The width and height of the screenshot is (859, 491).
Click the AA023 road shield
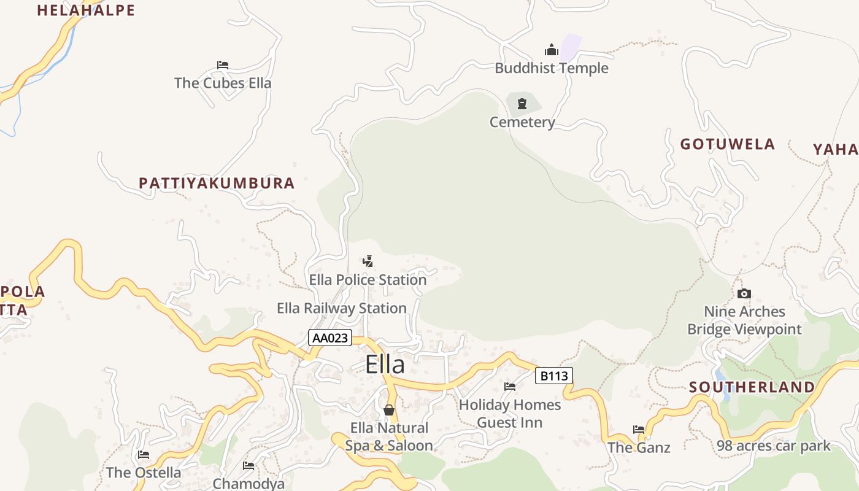tap(329, 338)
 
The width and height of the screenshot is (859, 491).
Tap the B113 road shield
tap(553, 376)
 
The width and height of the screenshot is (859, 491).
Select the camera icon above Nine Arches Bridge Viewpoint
tap(744, 293)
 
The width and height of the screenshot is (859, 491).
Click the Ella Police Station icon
tap(368, 261)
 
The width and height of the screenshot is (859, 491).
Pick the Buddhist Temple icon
tap(552, 50)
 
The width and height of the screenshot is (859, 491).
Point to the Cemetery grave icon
tap(522, 104)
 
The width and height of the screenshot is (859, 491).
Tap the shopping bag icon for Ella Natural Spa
tap(389, 409)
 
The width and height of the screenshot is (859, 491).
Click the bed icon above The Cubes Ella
tap(223, 64)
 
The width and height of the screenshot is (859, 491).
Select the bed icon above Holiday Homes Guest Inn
tap(510, 387)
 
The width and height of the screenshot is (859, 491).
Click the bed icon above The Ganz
tap(639, 430)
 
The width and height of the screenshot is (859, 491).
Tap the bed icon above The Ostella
tap(144, 455)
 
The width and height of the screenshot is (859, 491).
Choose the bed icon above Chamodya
tap(248, 466)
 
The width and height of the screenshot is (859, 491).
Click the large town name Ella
tap(385, 365)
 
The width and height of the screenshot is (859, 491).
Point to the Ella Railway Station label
tap(342, 308)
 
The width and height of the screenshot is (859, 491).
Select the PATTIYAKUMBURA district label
tap(217, 183)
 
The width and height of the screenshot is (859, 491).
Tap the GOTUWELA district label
tap(728, 144)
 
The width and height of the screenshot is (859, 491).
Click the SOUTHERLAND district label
tap(752, 387)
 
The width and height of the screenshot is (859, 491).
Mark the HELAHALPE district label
tap(86, 10)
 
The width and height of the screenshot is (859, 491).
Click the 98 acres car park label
tap(774, 446)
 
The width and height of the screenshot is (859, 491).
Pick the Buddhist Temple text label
tap(552, 68)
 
